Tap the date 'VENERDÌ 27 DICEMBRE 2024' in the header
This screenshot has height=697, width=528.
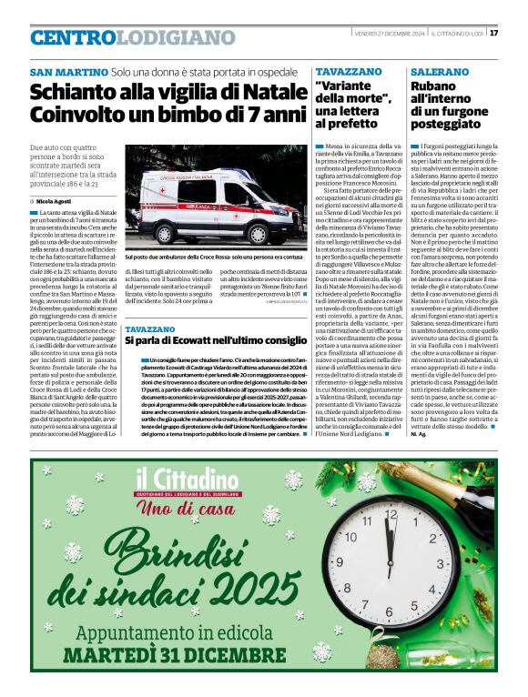point(387,34)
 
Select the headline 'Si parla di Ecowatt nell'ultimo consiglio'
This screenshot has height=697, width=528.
point(217,339)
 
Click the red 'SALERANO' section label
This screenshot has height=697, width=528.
point(441,71)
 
